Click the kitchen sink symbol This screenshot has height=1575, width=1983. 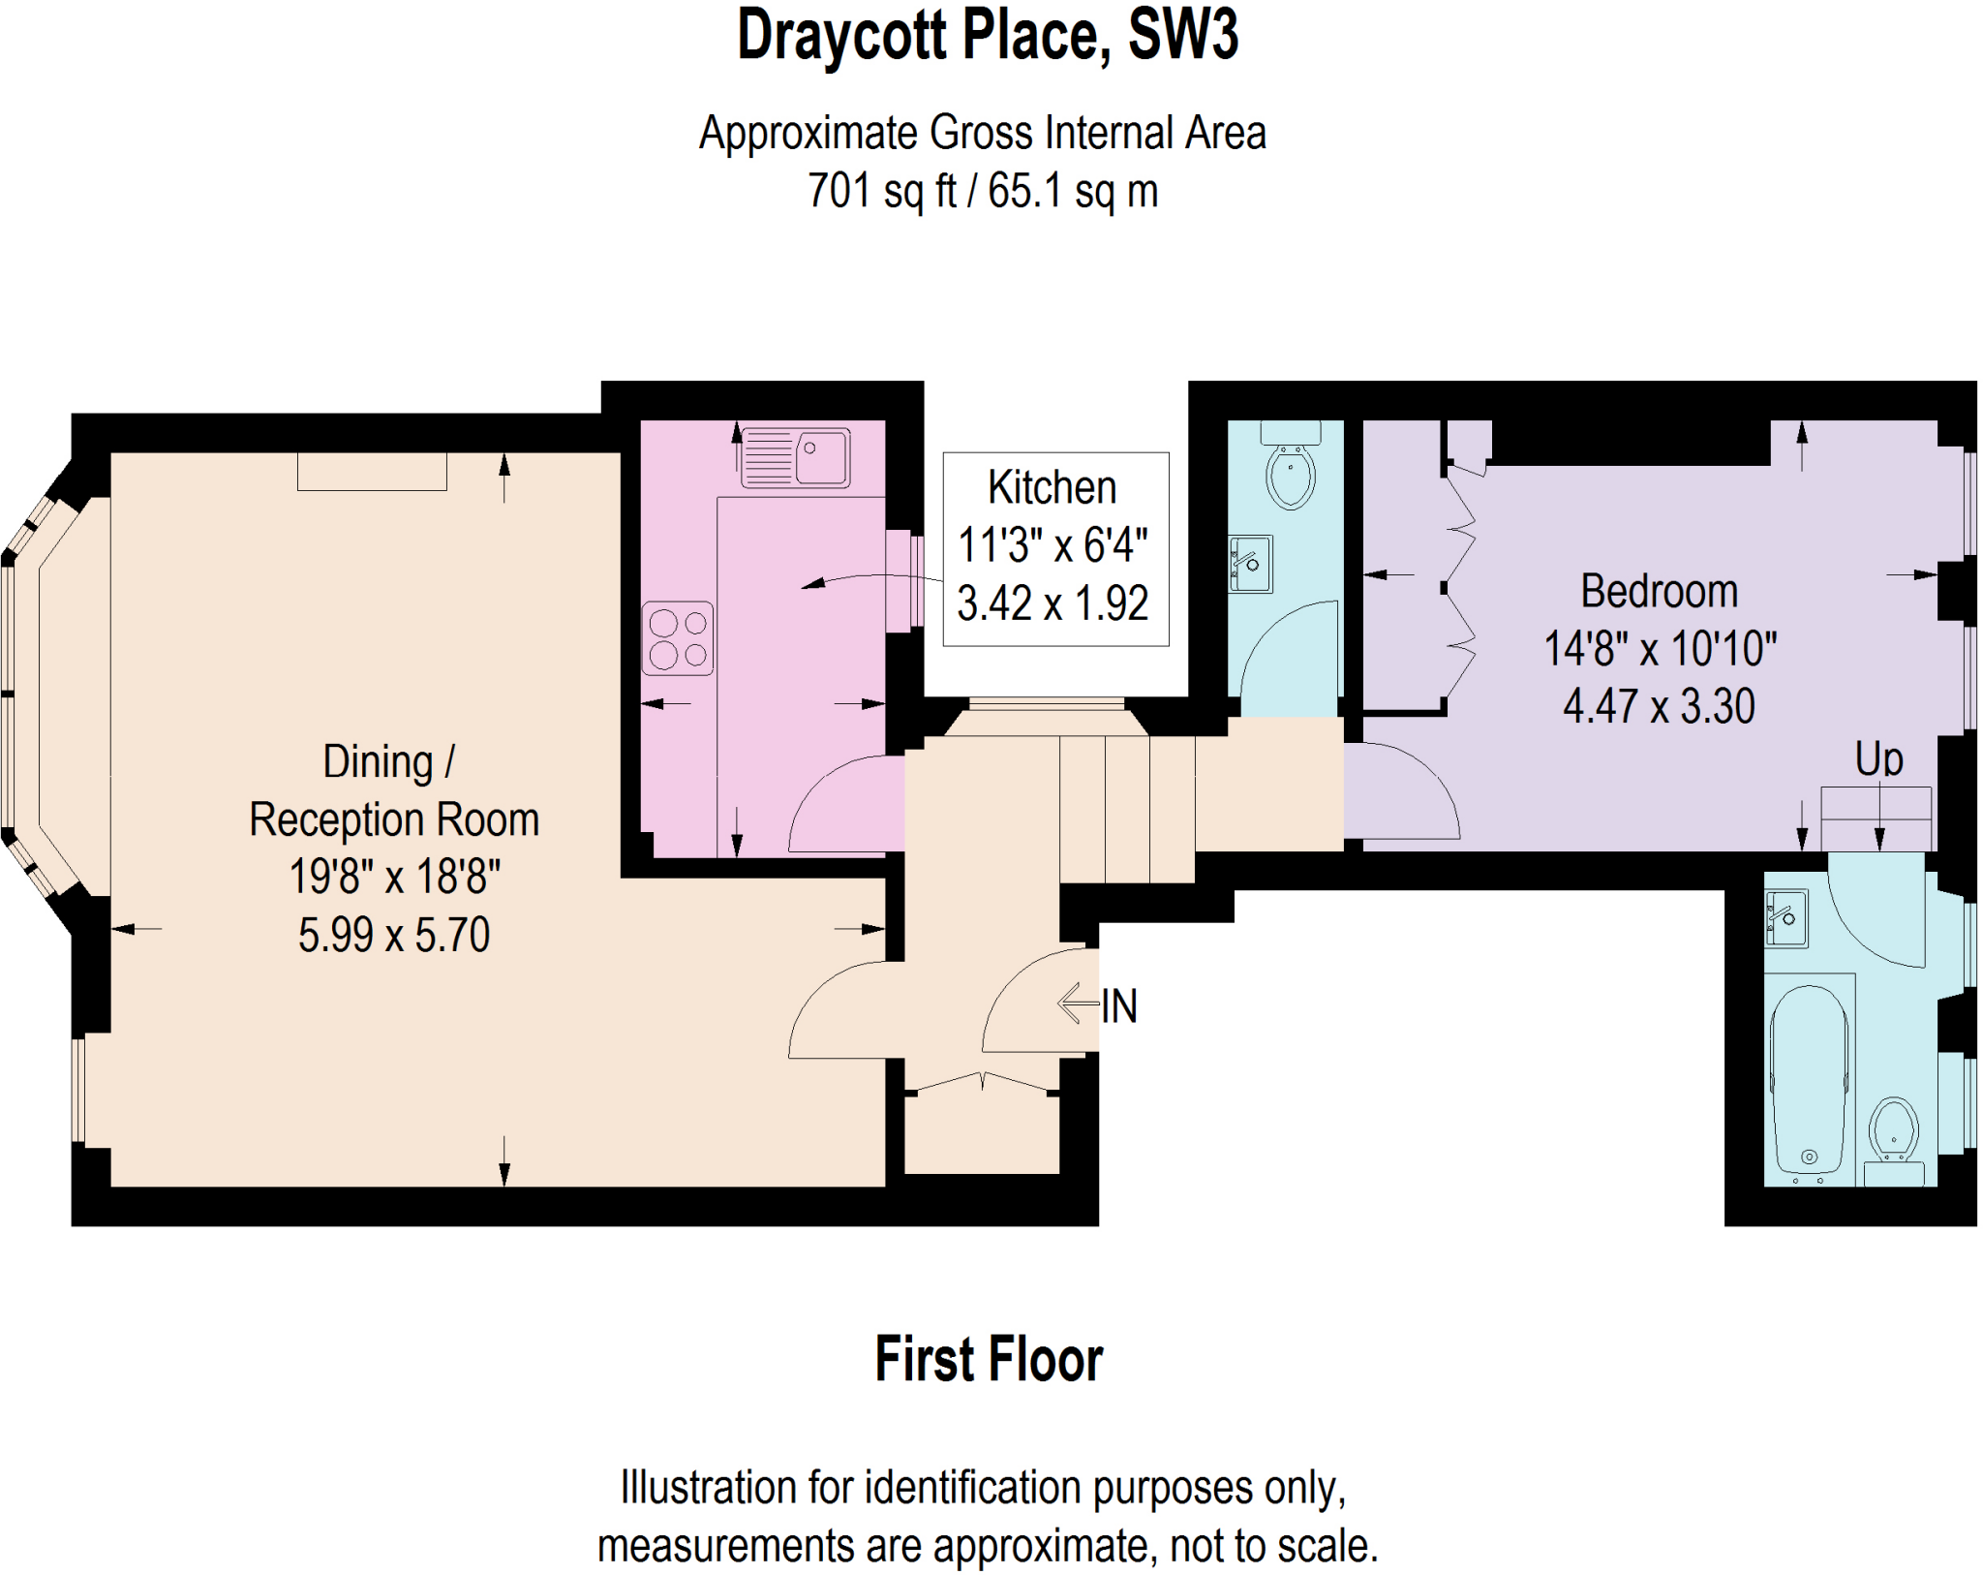pyautogui.click(x=795, y=457)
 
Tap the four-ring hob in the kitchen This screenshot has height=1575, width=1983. pyautogui.click(x=678, y=638)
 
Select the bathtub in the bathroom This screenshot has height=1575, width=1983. pyautogui.click(x=1809, y=1080)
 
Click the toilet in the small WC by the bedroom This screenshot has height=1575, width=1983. pyautogui.click(x=1290, y=475)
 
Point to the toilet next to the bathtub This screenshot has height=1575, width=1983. pyautogui.click(x=1894, y=1133)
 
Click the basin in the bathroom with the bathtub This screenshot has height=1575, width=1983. pyautogui.click(x=1786, y=918)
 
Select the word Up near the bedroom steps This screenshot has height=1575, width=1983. pyautogui.click(x=1878, y=758)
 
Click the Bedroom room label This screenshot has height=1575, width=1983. pyautogui.click(x=1659, y=591)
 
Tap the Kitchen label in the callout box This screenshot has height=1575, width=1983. pyautogui.click(x=1052, y=487)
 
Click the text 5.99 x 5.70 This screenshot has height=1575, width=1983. pyautogui.click(x=393, y=935)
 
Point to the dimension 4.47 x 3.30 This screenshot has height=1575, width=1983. pyautogui.click(x=1659, y=706)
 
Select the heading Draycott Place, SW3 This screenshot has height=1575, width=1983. pyautogui.click(x=988, y=36)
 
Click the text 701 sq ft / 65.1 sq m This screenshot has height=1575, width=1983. pyautogui.click(x=983, y=191)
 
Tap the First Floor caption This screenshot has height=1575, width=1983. pyautogui.click(x=989, y=1358)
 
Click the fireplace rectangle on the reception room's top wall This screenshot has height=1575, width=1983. pyautogui.click(x=372, y=472)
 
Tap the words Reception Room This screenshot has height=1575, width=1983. pyautogui.click(x=393, y=819)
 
